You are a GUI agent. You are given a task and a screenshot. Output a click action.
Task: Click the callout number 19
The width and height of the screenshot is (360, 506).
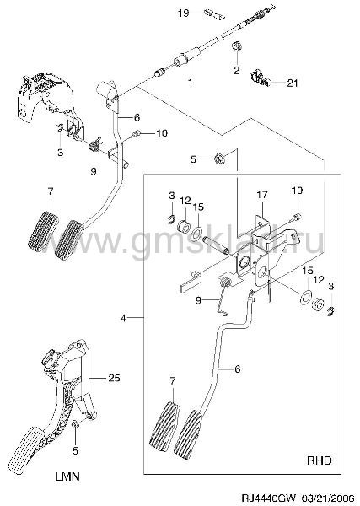tap(184, 13)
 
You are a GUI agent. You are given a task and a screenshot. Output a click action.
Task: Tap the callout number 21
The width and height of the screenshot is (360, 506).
tap(293, 83)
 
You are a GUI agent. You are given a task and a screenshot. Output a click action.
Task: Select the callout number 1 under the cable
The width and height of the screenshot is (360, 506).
tap(191, 82)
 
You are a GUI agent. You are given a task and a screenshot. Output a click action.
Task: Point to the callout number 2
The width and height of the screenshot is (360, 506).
tap(237, 70)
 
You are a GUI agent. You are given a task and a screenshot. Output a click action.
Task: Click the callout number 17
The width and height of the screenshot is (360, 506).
tap(262, 195)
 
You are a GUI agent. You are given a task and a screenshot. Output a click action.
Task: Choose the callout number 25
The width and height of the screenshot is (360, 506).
tap(114, 378)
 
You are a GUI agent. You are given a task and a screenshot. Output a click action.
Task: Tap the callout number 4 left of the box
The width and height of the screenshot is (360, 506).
tap(124, 318)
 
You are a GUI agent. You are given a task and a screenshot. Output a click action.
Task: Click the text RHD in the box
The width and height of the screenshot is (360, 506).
tap(319, 460)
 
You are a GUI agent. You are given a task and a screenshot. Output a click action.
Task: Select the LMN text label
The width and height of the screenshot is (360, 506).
tap(67, 476)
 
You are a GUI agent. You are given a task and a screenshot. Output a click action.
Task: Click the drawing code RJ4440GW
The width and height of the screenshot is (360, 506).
tap(268, 495)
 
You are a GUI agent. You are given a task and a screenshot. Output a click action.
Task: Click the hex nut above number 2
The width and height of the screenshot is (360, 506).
tap(237, 46)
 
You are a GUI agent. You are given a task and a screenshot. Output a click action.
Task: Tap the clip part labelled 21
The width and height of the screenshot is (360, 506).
tap(260, 78)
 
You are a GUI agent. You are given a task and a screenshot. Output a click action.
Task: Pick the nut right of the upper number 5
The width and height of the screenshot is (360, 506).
tap(219, 159)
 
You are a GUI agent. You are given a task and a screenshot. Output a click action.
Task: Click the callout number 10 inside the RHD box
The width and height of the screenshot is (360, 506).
tap(297, 191)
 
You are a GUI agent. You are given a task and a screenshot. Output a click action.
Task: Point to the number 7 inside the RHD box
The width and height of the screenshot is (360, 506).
tap(173, 381)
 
